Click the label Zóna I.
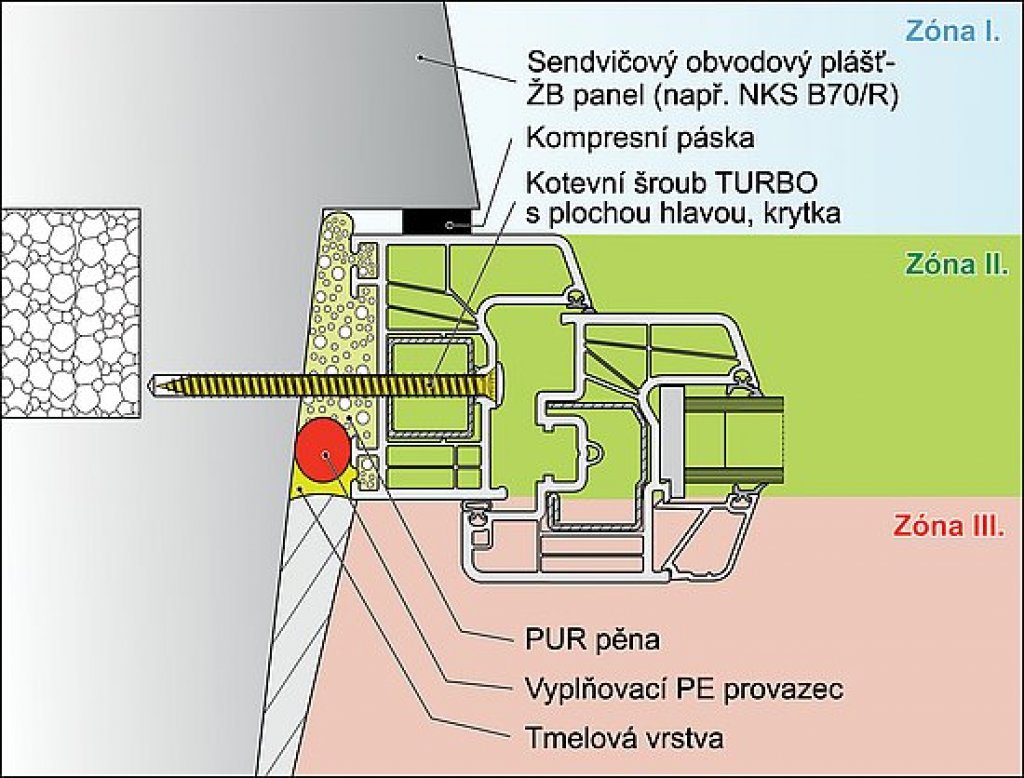pos(952,31)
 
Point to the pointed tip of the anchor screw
pos(152,383)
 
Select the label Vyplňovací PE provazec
pos(684,689)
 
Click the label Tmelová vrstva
pos(622,738)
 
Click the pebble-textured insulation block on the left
pos(70,312)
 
